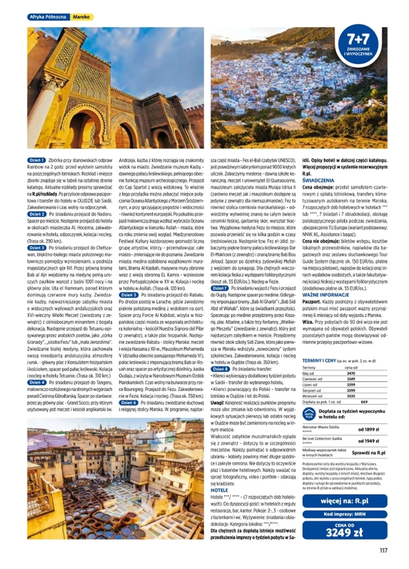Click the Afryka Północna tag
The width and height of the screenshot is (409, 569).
point(48,17)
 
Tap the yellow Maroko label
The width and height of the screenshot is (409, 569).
point(82,17)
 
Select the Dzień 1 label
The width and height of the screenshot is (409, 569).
point(37,161)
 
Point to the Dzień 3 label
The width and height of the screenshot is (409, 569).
point(37,247)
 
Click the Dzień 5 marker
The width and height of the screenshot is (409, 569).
point(129,295)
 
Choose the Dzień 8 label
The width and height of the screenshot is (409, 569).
point(219,369)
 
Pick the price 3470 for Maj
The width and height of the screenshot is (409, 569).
point(351,373)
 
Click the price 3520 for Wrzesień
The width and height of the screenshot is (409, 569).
point(351,395)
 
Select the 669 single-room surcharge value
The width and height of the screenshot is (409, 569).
point(364,401)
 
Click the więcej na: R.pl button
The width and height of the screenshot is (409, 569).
point(345,501)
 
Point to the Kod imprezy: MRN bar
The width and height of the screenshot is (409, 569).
point(345,514)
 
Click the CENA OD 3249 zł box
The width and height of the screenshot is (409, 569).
point(345,530)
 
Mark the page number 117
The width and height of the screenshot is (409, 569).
point(383,552)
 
